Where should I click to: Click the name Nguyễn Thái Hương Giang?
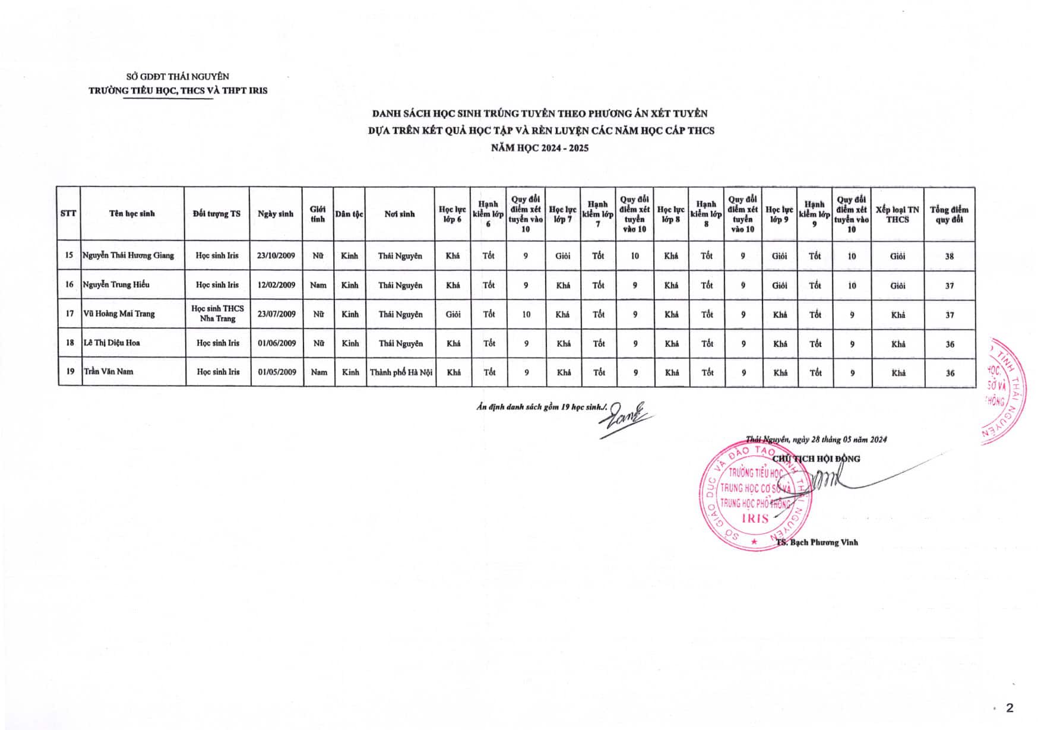(x=128, y=255)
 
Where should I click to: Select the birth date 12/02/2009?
(x=276, y=285)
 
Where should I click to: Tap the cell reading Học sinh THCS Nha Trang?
(x=217, y=314)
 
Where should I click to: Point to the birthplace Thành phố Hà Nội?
(x=401, y=372)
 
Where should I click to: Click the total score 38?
(x=949, y=256)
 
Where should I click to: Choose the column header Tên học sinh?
(x=132, y=214)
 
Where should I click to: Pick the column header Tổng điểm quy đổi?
(x=949, y=214)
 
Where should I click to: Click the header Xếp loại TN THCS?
(x=897, y=214)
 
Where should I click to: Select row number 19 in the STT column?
(x=70, y=371)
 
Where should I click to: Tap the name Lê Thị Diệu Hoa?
(x=112, y=343)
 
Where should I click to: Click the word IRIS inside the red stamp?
(x=756, y=519)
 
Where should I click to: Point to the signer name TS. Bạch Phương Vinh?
(x=817, y=542)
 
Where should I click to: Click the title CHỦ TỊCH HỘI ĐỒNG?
(x=816, y=459)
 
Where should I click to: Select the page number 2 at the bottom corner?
(x=1009, y=707)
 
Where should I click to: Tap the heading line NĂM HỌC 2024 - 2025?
(x=540, y=148)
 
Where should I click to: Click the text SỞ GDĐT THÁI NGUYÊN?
(x=178, y=77)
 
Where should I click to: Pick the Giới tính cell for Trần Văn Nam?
(x=319, y=372)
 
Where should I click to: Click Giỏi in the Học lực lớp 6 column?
(x=453, y=314)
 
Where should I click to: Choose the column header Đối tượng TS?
(x=217, y=214)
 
